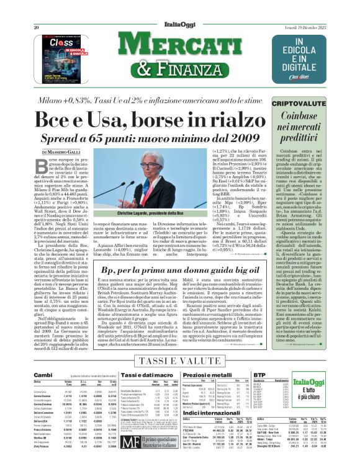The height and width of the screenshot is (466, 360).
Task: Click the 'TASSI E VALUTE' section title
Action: tap(179, 361)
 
